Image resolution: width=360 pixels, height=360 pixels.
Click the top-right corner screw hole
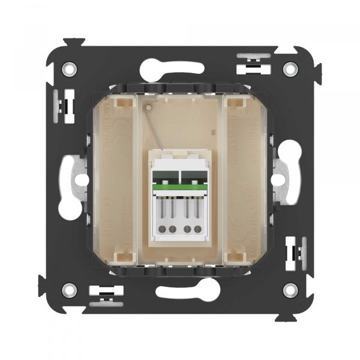(290, 68)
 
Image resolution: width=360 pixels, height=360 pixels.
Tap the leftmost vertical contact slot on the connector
(161, 210)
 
